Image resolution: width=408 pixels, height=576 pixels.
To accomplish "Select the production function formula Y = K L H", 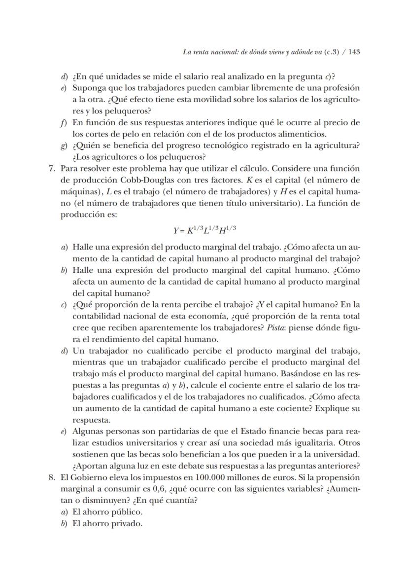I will pos(207,230).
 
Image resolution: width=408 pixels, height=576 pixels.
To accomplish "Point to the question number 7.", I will pos(51,168).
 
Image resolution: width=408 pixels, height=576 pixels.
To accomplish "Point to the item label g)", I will pos(64,146).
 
